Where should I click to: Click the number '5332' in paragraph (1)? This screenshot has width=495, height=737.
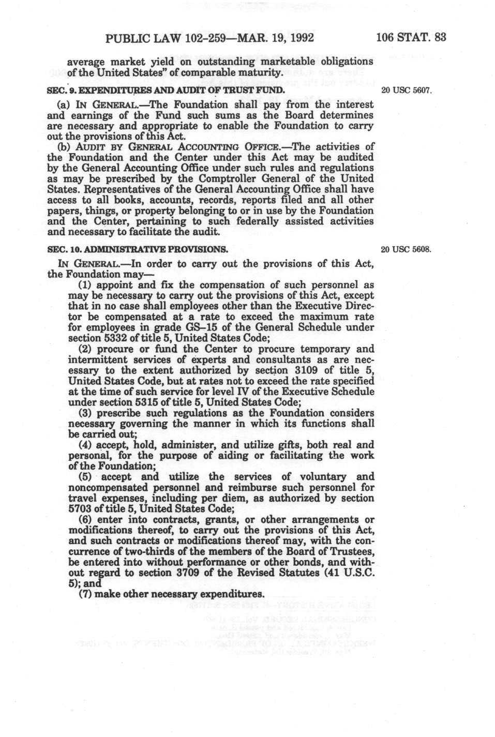[x=110, y=338]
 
